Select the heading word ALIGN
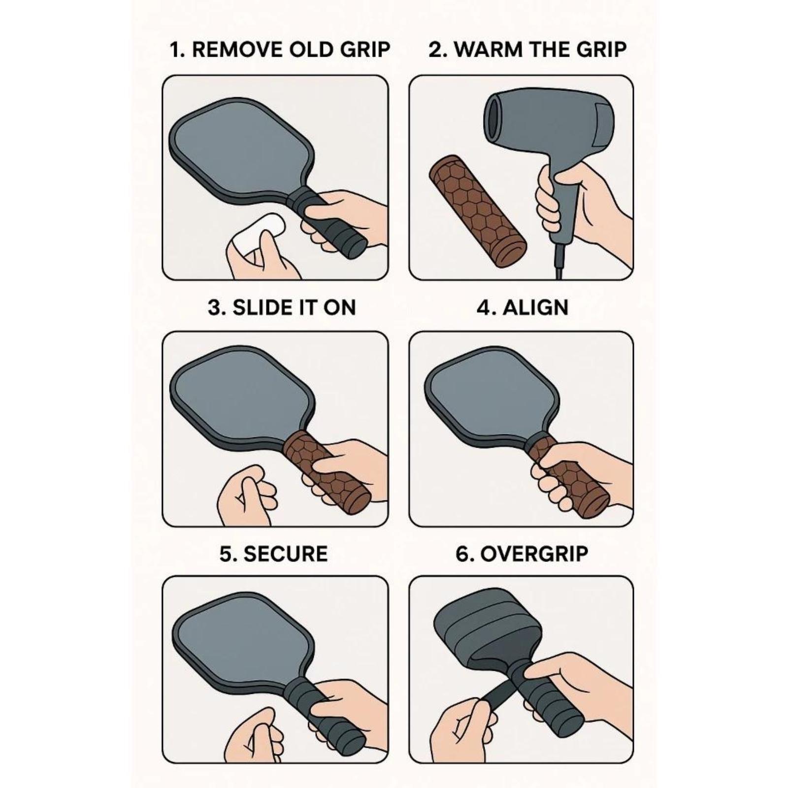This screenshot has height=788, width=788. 535,307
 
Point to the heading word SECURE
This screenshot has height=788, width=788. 286,554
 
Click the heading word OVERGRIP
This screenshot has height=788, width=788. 534,554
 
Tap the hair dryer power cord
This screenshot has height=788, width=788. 559,261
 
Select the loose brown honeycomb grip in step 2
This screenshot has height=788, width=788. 478,212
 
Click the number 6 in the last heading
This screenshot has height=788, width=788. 462,554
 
